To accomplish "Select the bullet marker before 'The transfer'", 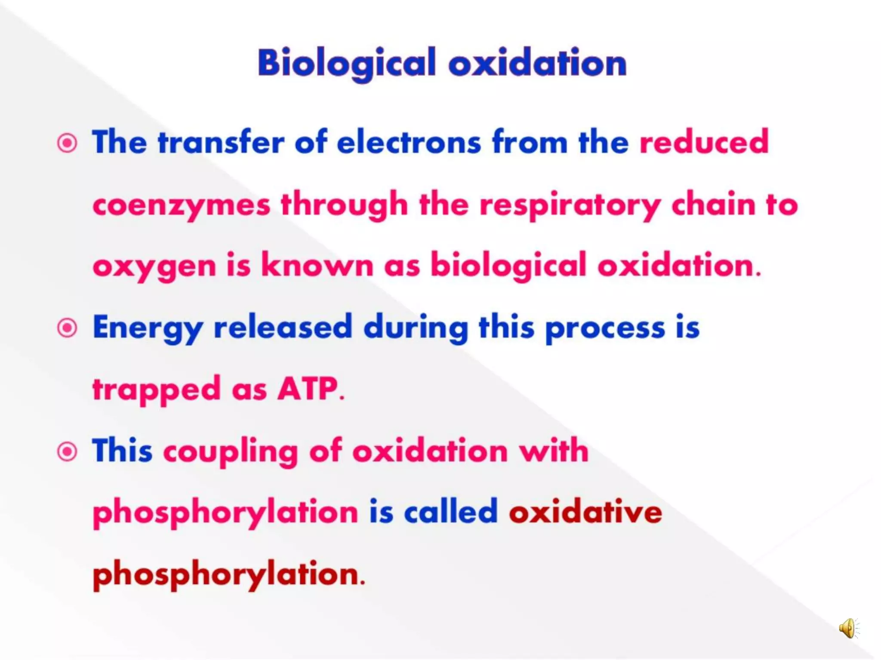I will (67, 143).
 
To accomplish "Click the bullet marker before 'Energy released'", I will (67, 328).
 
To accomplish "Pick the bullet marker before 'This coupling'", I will (67, 452).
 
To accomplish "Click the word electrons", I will (409, 142).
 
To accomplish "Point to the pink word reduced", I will (704, 142).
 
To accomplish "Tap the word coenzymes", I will (181, 205).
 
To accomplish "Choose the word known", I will (317, 266).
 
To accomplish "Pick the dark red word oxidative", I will (585, 512).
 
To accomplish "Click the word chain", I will (713, 205).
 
